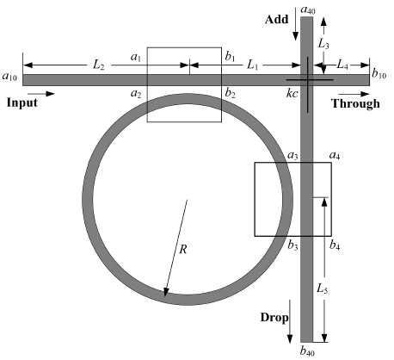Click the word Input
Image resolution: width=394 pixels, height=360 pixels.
[x=22, y=103]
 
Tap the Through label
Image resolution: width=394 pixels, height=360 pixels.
[x=355, y=103]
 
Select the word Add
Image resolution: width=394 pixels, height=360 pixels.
[x=277, y=20]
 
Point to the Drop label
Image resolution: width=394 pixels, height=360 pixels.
[x=274, y=318]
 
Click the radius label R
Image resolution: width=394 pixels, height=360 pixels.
[x=183, y=249]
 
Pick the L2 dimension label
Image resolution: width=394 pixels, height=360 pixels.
[x=98, y=65]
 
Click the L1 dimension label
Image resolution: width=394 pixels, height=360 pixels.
[x=252, y=65]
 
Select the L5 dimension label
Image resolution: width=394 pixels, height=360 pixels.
[x=323, y=289]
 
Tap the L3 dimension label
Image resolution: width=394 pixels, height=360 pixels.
[x=323, y=44]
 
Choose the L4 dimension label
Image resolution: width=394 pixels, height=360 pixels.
[x=342, y=65]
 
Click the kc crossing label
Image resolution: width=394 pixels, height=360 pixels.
[x=292, y=93]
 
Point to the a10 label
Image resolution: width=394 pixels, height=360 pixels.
[x=9, y=77]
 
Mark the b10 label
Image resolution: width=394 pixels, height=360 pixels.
[x=379, y=74]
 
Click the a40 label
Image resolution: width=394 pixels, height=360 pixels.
[x=308, y=10]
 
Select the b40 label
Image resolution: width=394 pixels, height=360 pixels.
[x=307, y=351]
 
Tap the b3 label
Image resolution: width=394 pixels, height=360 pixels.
[x=292, y=245]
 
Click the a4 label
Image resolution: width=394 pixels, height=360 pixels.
[x=335, y=156]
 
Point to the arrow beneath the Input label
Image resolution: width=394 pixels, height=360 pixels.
[x=41, y=94]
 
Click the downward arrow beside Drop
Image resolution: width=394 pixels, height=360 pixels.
[x=290, y=321]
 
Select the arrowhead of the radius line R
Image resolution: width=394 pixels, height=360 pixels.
[x=165, y=292]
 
